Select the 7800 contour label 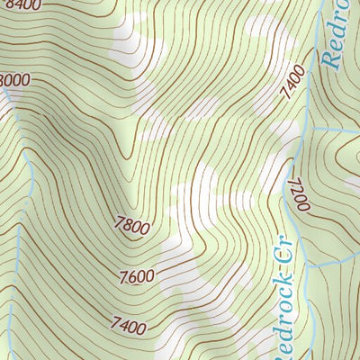[132, 227]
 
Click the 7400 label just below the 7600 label [128, 321]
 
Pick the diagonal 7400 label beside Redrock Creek [290, 84]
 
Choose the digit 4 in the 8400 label [22, 4]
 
